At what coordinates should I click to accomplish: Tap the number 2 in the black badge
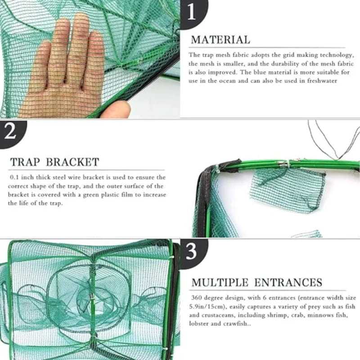10,133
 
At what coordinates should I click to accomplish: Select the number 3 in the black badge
192,252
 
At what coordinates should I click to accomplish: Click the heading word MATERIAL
220,40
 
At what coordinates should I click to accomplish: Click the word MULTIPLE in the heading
220,283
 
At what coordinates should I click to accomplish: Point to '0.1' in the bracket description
14,178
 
